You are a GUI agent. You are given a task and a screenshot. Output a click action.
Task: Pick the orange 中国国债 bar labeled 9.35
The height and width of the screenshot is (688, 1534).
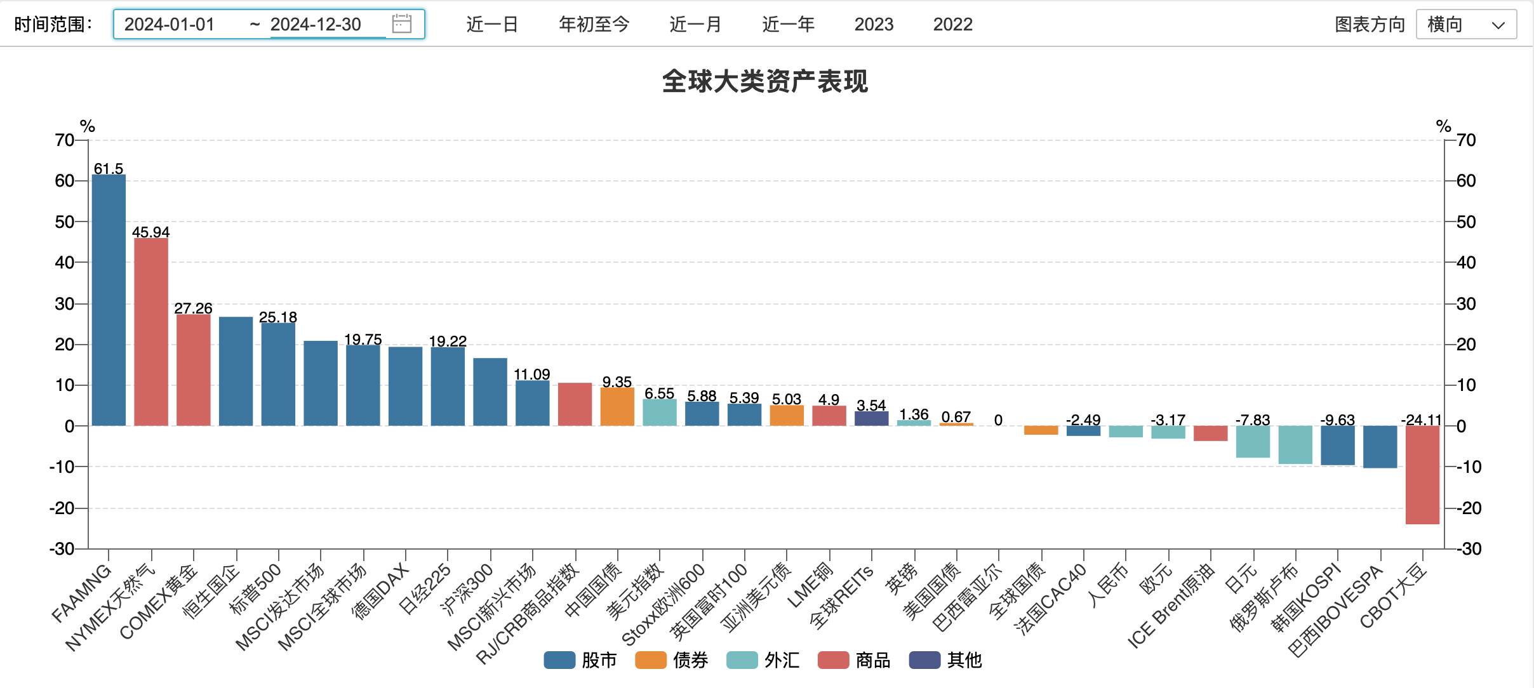[617, 406]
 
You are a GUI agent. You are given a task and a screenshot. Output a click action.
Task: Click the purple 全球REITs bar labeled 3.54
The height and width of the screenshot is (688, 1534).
[871, 419]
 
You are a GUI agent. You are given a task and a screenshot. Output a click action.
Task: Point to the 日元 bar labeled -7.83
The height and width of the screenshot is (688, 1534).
[1253, 442]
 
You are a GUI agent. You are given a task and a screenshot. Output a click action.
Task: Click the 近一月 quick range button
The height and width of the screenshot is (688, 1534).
[695, 24]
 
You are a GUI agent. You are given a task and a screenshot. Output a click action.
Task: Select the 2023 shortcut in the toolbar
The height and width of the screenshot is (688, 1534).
[874, 24]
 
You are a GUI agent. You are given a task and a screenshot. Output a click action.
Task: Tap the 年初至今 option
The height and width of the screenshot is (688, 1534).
[594, 24]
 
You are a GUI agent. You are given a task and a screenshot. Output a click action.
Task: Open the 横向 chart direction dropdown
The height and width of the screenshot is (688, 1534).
[1465, 24]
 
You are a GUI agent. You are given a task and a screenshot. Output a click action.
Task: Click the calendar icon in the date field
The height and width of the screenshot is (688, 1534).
[402, 24]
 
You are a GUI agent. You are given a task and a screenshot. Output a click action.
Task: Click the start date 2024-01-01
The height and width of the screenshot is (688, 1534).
[170, 24]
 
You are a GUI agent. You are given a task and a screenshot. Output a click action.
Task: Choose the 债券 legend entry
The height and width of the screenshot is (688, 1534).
[672, 660]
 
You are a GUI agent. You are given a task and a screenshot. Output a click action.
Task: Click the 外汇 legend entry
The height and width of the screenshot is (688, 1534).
[764, 660]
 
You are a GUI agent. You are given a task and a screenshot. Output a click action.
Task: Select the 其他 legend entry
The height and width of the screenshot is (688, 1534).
[946, 660]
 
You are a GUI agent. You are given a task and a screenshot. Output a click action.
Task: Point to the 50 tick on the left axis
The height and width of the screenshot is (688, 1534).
[65, 222]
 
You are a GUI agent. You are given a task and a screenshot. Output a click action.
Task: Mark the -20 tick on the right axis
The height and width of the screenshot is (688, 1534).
[1468, 508]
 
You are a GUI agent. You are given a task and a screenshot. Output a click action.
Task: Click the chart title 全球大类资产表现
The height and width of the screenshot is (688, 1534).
[765, 81]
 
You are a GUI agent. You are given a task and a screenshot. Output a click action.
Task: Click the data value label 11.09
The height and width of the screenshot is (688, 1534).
[532, 374]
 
